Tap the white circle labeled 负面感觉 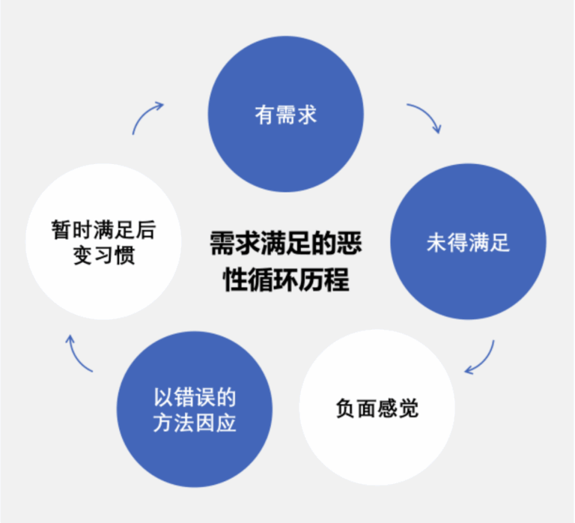pyautogui.click(x=377, y=408)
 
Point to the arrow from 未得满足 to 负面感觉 pyautogui.click(x=483, y=358)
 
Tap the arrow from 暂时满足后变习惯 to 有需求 pyautogui.click(x=147, y=115)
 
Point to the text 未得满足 pyautogui.click(x=468, y=244)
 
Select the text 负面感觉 pyautogui.click(x=377, y=408)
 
